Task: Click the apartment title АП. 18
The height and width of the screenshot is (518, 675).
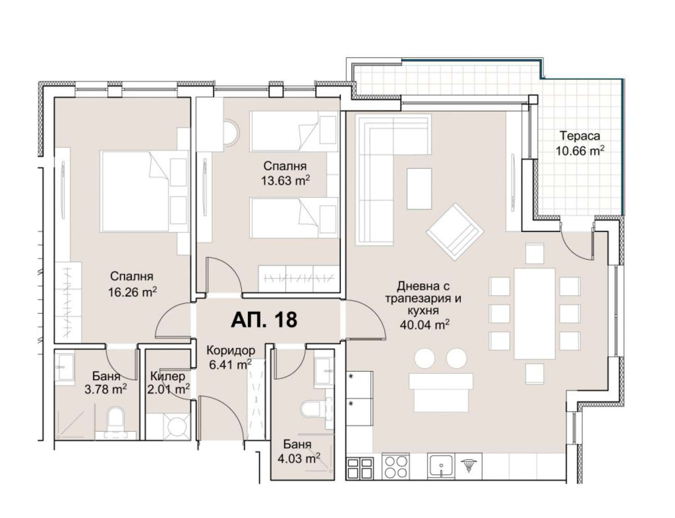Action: pyautogui.click(x=264, y=320)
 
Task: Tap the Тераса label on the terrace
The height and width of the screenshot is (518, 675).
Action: pyautogui.click(x=579, y=136)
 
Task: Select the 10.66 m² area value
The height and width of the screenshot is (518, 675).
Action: pyautogui.click(x=579, y=151)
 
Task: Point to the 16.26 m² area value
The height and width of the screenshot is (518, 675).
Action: pyautogui.click(x=132, y=292)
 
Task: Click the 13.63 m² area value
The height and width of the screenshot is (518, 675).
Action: pyautogui.click(x=285, y=180)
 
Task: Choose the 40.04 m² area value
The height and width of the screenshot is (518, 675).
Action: pyautogui.click(x=424, y=325)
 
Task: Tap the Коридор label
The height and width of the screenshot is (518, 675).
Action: pyautogui.click(x=231, y=350)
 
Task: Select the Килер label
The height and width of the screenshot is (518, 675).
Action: pyautogui.click(x=167, y=376)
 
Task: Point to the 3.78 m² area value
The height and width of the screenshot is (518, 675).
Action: pyautogui.click(x=105, y=389)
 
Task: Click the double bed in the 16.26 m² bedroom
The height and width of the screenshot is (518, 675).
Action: pyautogui.click(x=144, y=191)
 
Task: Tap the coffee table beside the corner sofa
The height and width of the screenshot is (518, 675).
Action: pyautogui.click(x=419, y=189)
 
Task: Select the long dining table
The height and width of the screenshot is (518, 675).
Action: pyautogui.click(x=535, y=314)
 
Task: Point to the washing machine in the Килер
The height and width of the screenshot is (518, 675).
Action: pyautogui.click(x=177, y=426)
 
